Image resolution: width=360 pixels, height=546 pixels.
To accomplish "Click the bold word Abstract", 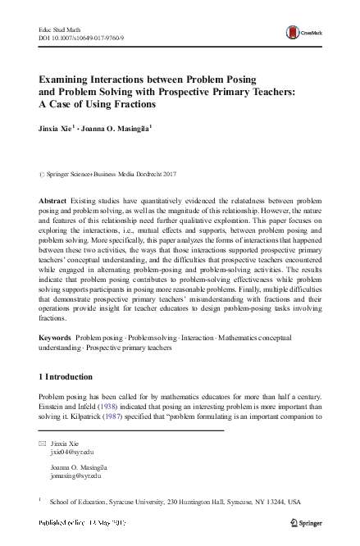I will pyautogui.click(x=54, y=201).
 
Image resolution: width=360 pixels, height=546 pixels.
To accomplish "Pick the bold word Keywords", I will pyautogui.click(x=56, y=337).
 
